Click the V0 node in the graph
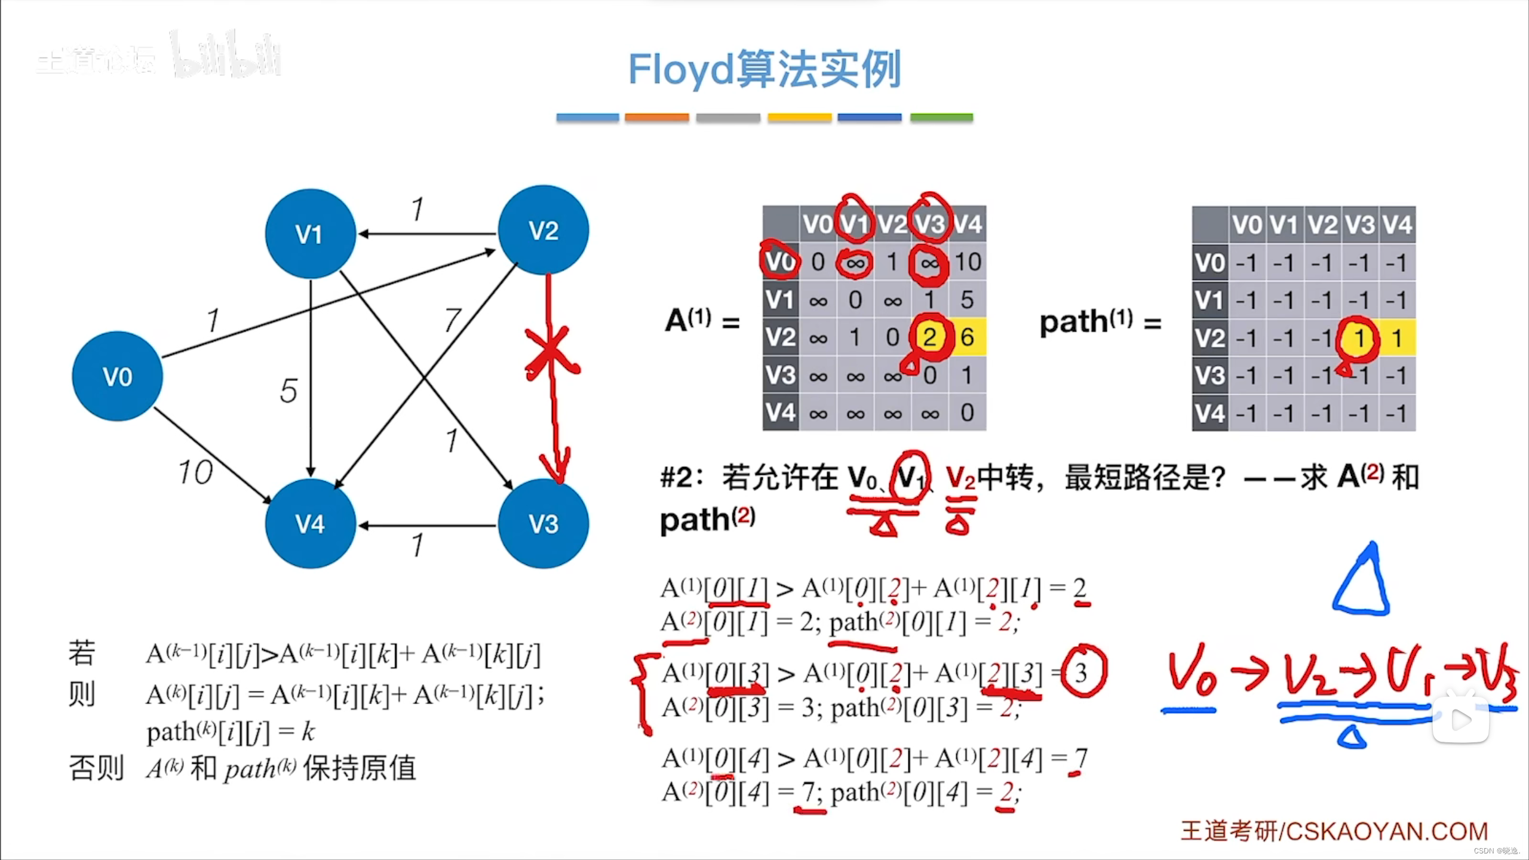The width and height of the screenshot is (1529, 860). pyautogui.click(x=117, y=376)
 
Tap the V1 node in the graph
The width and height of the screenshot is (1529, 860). pyautogui.click(x=310, y=234)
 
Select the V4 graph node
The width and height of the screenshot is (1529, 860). pyautogui.click(x=310, y=524)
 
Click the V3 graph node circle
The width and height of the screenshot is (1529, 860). pyautogui.click(x=543, y=524)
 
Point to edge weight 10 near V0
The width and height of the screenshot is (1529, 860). pyautogui.click(x=195, y=472)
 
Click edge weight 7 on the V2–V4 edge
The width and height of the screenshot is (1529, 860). pyautogui.click(x=453, y=320)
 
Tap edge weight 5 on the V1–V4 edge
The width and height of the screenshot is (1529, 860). pyautogui.click(x=288, y=391)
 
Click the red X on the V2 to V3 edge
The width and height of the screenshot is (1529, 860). pyautogui.click(x=551, y=352)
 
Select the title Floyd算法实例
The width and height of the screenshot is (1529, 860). pyautogui.click(x=764, y=70)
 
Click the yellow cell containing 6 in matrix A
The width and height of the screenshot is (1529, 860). pyautogui.click(x=968, y=337)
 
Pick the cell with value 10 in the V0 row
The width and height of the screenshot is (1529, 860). pyautogui.click(x=968, y=262)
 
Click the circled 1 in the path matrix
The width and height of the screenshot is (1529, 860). pyautogui.click(x=1359, y=339)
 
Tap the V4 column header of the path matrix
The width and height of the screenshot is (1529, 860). pyautogui.click(x=1397, y=225)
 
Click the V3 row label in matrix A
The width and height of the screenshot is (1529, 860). pyautogui.click(x=781, y=375)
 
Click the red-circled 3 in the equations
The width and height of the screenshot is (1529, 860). pyautogui.click(x=1082, y=672)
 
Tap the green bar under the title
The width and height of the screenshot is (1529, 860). pyautogui.click(x=941, y=118)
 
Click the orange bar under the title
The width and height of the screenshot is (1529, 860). pyautogui.click(x=656, y=118)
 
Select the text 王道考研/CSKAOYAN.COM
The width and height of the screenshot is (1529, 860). pyautogui.click(x=1334, y=831)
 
